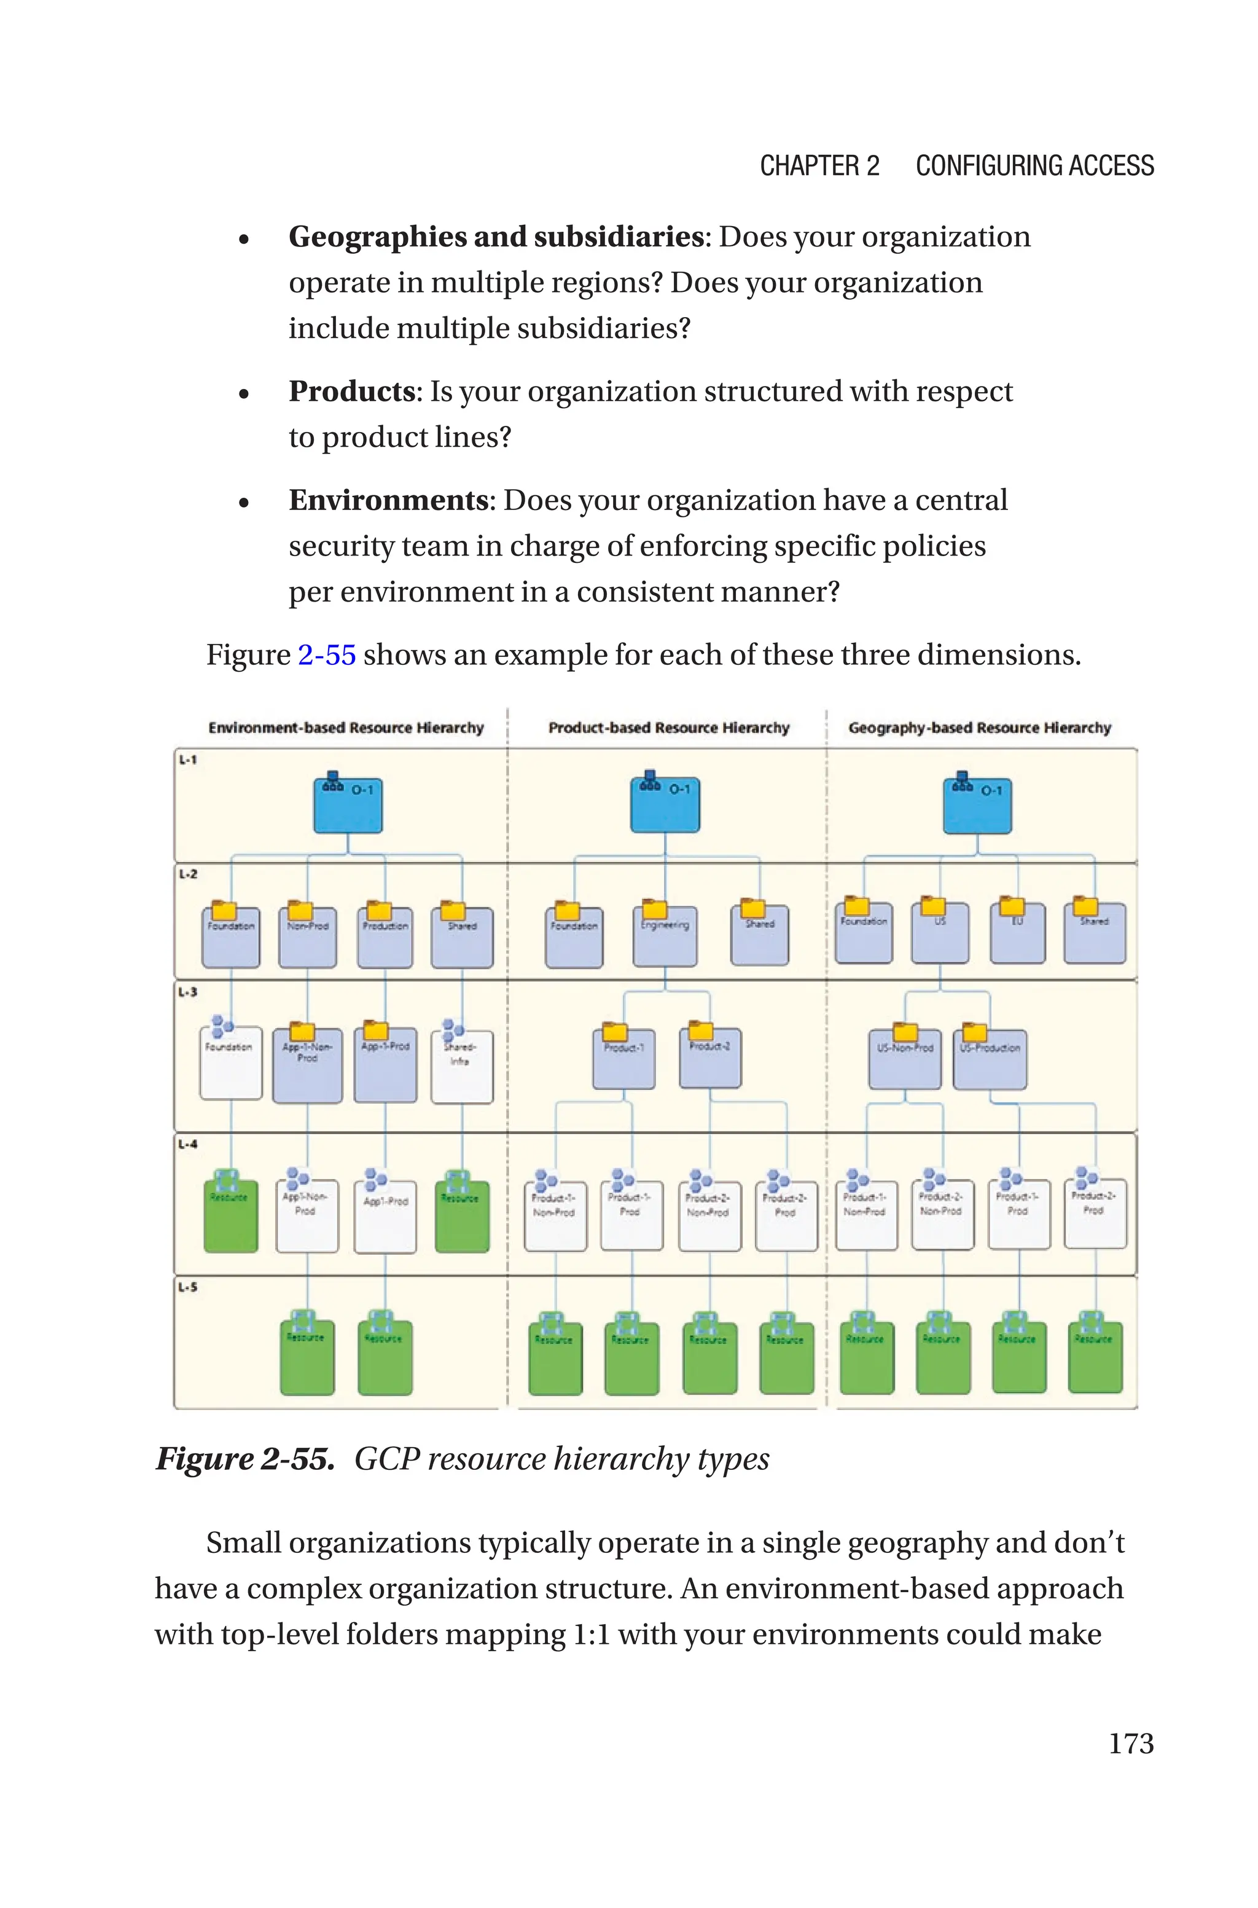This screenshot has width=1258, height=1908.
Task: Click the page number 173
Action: point(1130,1743)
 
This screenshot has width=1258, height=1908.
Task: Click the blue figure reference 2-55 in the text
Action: point(327,654)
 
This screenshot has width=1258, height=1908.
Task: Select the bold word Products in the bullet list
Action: point(351,391)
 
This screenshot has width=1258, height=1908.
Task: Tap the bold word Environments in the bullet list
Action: point(389,500)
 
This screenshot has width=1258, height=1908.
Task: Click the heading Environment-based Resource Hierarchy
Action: point(346,728)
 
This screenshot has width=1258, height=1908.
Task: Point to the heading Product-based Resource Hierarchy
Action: point(668,728)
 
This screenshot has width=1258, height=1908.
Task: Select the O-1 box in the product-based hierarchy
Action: point(665,805)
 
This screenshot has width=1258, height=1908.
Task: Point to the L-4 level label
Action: point(188,1144)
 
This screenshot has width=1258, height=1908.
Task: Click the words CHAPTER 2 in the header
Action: point(819,166)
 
